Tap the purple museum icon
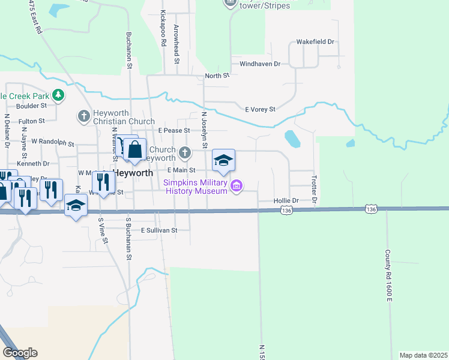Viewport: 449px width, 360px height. (x=237, y=186)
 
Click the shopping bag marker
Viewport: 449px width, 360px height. (x=134, y=151)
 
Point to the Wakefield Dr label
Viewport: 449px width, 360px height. (x=315, y=43)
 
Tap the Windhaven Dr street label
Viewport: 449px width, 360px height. (x=260, y=64)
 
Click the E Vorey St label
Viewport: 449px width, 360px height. (x=260, y=109)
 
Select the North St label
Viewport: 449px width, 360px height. (x=217, y=76)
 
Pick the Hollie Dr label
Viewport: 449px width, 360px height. (x=286, y=201)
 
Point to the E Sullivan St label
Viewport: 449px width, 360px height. (x=159, y=230)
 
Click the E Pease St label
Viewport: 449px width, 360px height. (x=174, y=130)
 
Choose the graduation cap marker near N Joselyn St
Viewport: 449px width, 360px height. (x=223, y=160)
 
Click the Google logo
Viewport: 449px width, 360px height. (x=20, y=353)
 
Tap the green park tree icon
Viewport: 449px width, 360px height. (x=58, y=95)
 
